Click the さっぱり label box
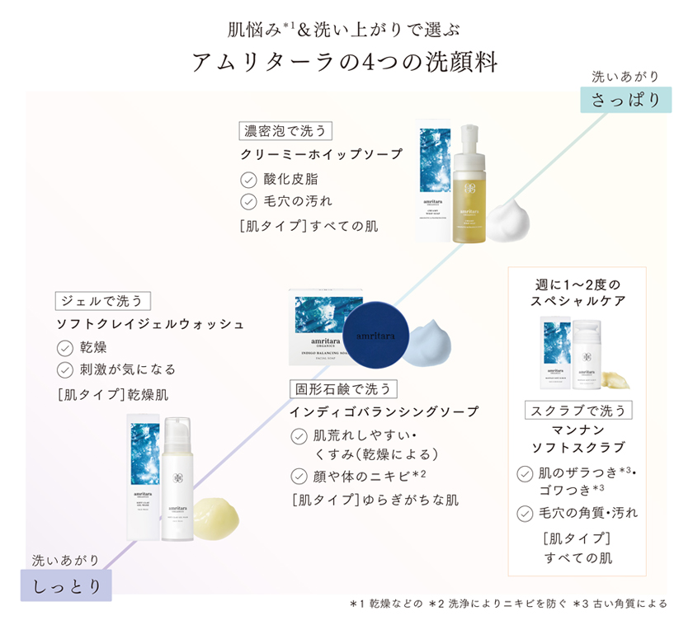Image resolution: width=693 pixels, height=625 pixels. coord(626,100)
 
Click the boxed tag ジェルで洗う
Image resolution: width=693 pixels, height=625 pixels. coord(103,301)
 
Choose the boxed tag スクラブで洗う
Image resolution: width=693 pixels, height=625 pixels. coord(578,410)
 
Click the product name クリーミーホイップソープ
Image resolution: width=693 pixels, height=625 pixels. coord(322,155)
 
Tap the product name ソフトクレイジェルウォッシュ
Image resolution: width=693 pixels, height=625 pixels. coord(149,324)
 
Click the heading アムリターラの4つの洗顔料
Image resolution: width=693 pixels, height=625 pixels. coord(346,63)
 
